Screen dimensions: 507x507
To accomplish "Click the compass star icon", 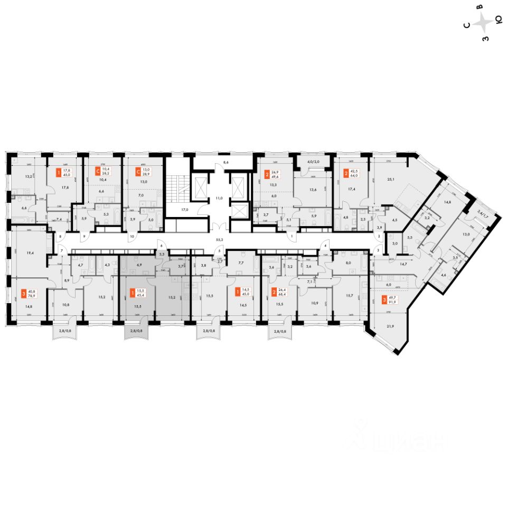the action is click(x=483, y=23).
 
